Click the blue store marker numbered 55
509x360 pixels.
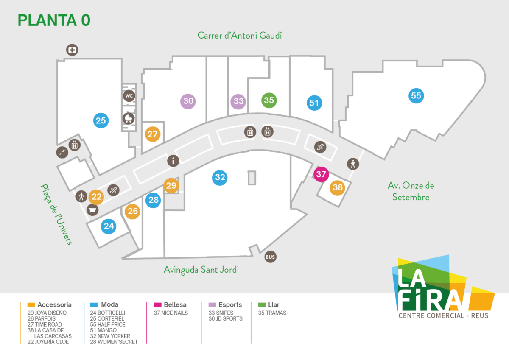click(x=416, y=96)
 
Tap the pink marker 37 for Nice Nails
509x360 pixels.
click(x=321, y=174)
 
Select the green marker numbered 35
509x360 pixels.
click(x=269, y=100)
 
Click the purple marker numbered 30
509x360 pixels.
click(x=188, y=101)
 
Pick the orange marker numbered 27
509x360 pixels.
click(x=153, y=134)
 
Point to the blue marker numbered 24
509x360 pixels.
click(x=109, y=226)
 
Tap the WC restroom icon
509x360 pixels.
click(x=129, y=96)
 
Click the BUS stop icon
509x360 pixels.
click(x=271, y=257)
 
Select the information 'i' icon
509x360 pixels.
click(x=173, y=161)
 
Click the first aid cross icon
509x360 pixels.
click(x=72, y=50)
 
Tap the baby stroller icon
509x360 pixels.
click(x=129, y=119)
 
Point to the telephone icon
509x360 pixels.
click(x=92, y=210)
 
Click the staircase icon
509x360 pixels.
click(x=62, y=152)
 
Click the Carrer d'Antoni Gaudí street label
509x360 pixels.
click(x=240, y=36)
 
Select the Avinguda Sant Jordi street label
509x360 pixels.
click(x=201, y=270)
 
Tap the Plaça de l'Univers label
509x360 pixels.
click(x=56, y=214)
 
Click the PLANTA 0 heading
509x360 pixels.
click(x=54, y=20)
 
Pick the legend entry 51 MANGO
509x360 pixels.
click(x=103, y=330)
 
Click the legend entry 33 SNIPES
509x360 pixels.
click(x=221, y=313)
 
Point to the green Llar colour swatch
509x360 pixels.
click(x=262, y=304)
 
